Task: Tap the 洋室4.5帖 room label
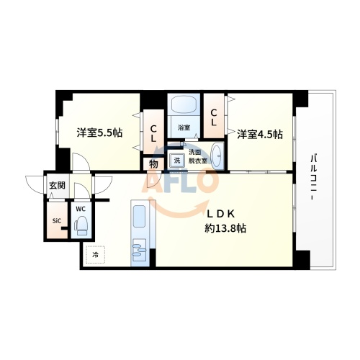(x=260, y=134)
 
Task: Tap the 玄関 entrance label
(x=56, y=186)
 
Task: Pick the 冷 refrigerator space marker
(x=95, y=254)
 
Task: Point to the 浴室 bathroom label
(x=184, y=127)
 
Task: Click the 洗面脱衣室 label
(x=197, y=156)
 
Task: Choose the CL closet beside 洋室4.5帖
(x=215, y=114)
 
